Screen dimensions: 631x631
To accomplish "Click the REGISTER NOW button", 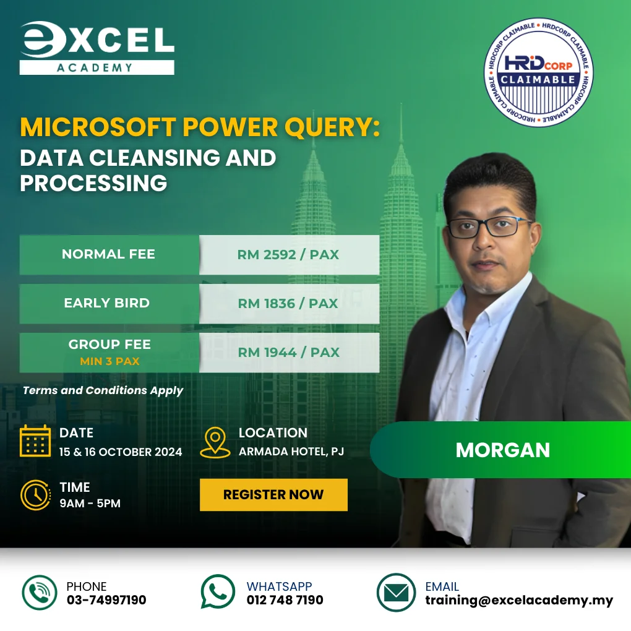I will tap(273, 494).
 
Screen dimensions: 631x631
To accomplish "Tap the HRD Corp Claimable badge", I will tap(538, 72).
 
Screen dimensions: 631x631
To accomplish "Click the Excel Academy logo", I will tap(97, 48).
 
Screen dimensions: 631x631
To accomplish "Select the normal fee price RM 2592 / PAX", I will tap(288, 254).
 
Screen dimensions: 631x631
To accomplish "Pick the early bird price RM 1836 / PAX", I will tap(288, 303).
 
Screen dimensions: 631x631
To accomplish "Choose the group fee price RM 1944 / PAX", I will tap(288, 352).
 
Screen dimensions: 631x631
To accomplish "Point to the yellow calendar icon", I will tap(35, 441).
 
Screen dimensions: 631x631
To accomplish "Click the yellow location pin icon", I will tap(215, 442).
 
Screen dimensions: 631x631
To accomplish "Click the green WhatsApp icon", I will tap(218, 592).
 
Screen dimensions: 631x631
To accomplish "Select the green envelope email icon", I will tap(396, 593).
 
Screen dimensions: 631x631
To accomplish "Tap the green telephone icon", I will tap(40, 593).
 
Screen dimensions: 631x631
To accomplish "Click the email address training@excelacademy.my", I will tap(519, 600).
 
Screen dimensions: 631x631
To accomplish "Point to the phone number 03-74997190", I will tap(106, 600).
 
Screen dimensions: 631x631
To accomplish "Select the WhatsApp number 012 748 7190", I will tap(285, 600).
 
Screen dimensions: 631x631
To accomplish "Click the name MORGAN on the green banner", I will tap(502, 450).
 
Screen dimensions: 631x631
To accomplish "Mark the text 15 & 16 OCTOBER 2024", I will tap(121, 452).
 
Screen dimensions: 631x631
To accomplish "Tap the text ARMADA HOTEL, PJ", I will tap(291, 452).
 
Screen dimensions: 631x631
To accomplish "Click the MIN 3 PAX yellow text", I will tap(109, 361).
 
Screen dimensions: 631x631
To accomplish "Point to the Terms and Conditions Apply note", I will tap(103, 390).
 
